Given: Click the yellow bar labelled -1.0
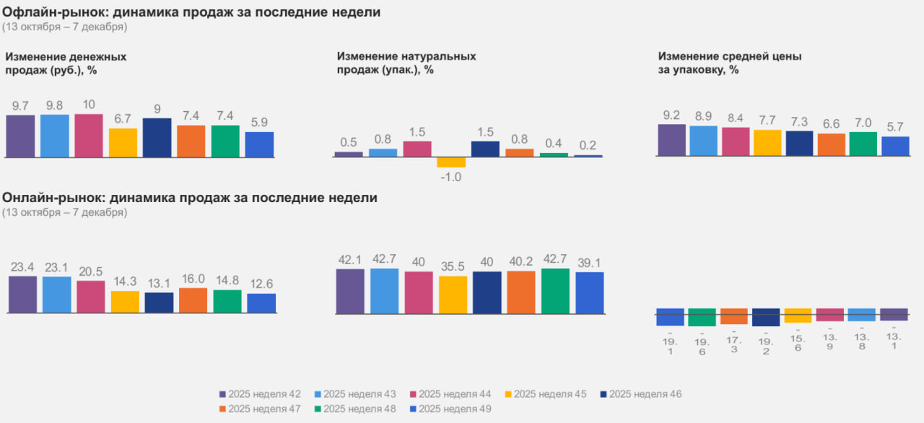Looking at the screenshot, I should coord(451,162).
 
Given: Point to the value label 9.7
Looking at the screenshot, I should coord(20,106).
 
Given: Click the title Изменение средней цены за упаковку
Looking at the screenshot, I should coord(730,63).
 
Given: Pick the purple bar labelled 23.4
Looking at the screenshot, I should coord(22,295).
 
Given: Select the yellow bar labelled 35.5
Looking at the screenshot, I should coord(453,295).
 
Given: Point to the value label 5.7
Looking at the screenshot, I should coord(895,127).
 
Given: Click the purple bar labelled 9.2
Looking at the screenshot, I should coord(671,140).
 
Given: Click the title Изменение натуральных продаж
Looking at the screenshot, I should coord(406,63).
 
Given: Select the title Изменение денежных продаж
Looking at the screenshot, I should coord(66,63).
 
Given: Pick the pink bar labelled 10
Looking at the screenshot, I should coord(89,135).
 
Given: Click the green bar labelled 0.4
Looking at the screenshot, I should coord(554,154).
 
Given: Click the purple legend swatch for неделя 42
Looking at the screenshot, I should coord(223,394).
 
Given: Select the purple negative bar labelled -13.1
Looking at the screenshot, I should coord(894,314).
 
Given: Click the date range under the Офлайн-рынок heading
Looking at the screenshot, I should coord(64,27).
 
